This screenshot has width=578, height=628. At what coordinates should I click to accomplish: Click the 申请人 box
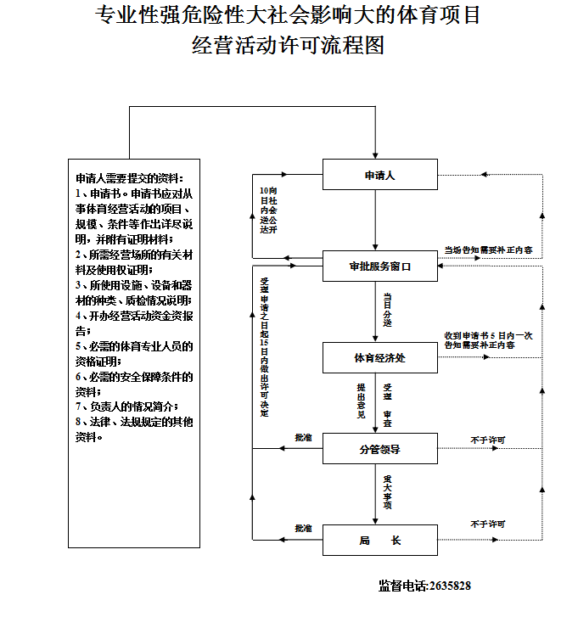click(379, 176)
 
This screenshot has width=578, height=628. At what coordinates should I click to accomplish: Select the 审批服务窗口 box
click(379, 266)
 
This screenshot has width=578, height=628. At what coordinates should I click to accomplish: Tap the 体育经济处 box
click(379, 357)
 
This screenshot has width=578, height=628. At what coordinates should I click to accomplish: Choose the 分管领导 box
click(379, 449)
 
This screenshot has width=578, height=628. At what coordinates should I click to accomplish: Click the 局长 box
click(379, 540)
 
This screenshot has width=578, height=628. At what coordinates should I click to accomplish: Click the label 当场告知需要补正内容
click(488, 250)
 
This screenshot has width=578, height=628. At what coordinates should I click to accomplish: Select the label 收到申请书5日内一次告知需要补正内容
click(488, 340)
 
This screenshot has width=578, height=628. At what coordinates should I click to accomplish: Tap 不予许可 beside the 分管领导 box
click(487, 440)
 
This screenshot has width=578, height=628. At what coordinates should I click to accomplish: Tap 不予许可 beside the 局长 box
click(487, 524)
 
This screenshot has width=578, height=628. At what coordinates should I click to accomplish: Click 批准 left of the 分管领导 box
click(303, 438)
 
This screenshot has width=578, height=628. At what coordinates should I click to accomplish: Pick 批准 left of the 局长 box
click(303, 528)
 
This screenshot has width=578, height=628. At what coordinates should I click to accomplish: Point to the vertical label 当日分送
click(388, 311)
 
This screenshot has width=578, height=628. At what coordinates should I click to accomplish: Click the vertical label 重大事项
click(387, 492)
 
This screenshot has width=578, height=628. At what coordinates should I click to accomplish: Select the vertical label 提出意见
click(361, 401)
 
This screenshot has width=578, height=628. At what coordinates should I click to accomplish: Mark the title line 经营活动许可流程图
click(289, 45)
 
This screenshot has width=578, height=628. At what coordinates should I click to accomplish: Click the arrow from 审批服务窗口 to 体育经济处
click(374, 311)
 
